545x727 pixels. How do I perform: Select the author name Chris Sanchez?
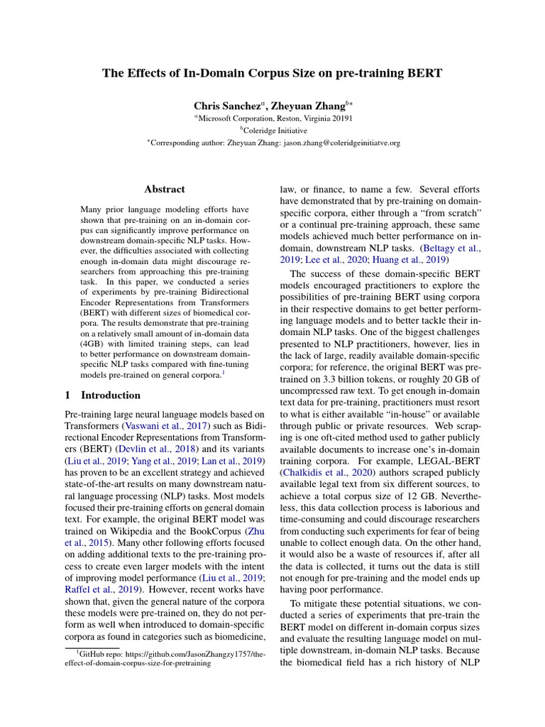click(x=221, y=106)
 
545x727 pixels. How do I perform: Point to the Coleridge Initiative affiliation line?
click(x=274, y=131)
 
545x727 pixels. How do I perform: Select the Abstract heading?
click(x=165, y=190)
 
